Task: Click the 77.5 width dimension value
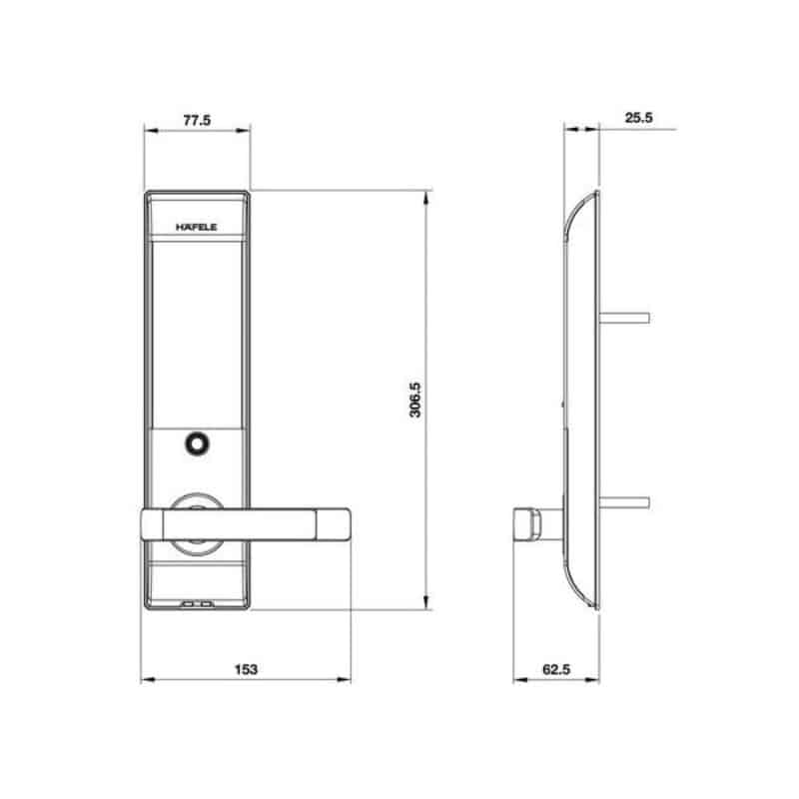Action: [x=197, y=120]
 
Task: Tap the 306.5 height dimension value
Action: [x=415, y=399]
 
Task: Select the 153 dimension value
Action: [x=246, y=669]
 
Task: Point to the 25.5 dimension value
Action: [x=638, y=118]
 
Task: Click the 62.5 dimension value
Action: [x=556, y=669]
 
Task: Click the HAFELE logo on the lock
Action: [x=196, y=228]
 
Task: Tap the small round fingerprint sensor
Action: [x=197, y=443]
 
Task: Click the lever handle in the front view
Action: [x=245, y=524]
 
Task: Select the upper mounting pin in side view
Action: [x=624, y=318]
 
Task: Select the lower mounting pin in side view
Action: [x=624, y=503]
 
